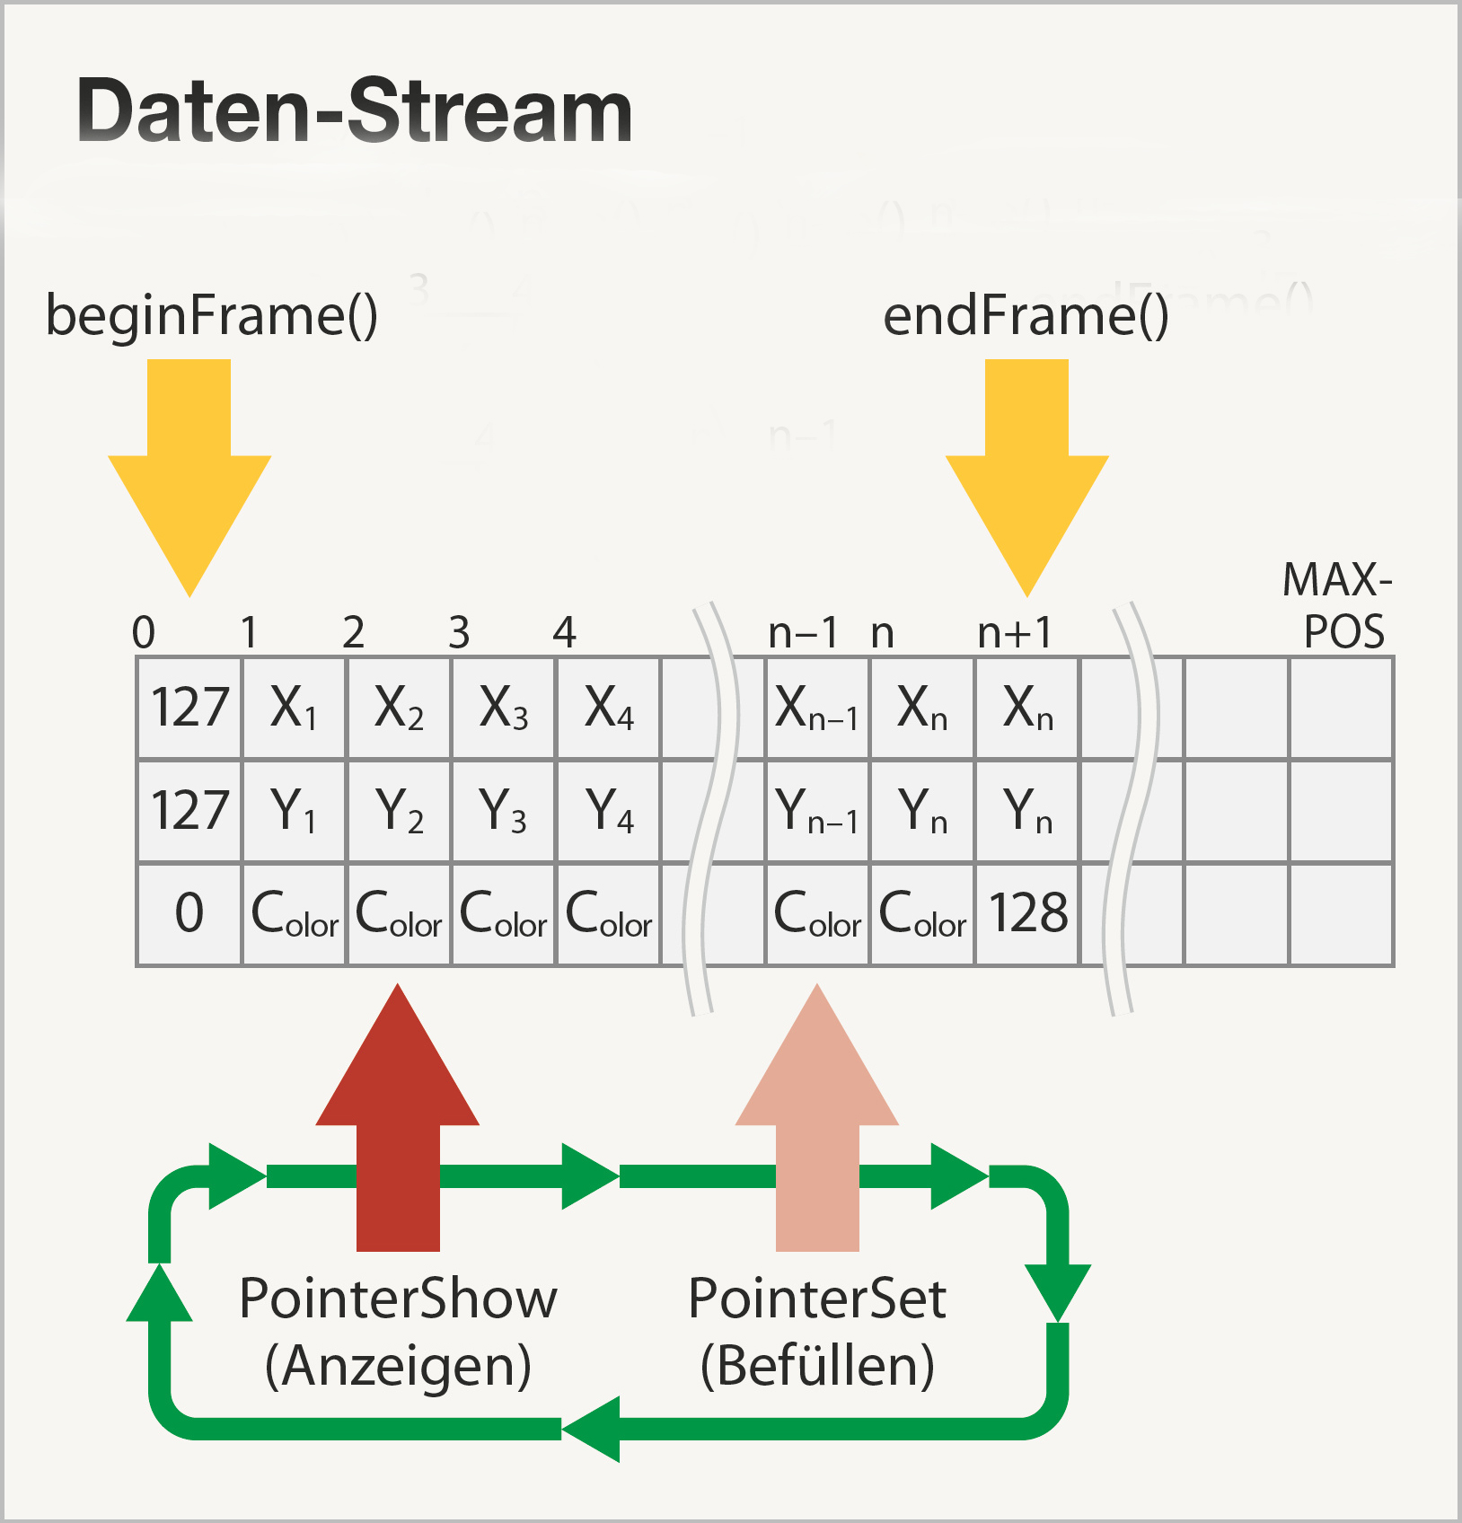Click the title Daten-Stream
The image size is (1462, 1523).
coord(355,111)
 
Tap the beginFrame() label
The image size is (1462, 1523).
coord(212,316)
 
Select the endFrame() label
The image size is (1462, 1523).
coord(1026,316)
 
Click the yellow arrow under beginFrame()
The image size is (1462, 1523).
coord(189,467)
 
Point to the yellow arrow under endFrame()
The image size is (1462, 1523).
coord(1026,467)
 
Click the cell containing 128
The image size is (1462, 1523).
coord(1027,914)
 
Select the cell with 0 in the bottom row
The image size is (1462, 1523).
coord(189,914)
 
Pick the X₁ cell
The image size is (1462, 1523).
coord(294,708)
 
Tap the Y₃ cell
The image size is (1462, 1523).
coord(504,811)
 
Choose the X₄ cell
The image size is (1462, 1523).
coord(609,708)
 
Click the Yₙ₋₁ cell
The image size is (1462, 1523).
coord(816,811)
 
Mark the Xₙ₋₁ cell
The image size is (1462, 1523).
coord(816,708)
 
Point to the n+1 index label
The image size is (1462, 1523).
coord(1014,633)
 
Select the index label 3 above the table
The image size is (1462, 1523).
coord(459,633)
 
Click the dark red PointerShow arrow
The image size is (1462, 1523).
coord(398,1122)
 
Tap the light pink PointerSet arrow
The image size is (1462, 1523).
coord(817,1122)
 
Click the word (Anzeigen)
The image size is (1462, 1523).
coord(398,1366)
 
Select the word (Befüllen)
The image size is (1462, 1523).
coord(817,1366)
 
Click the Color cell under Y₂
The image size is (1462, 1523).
coord(399,914)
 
